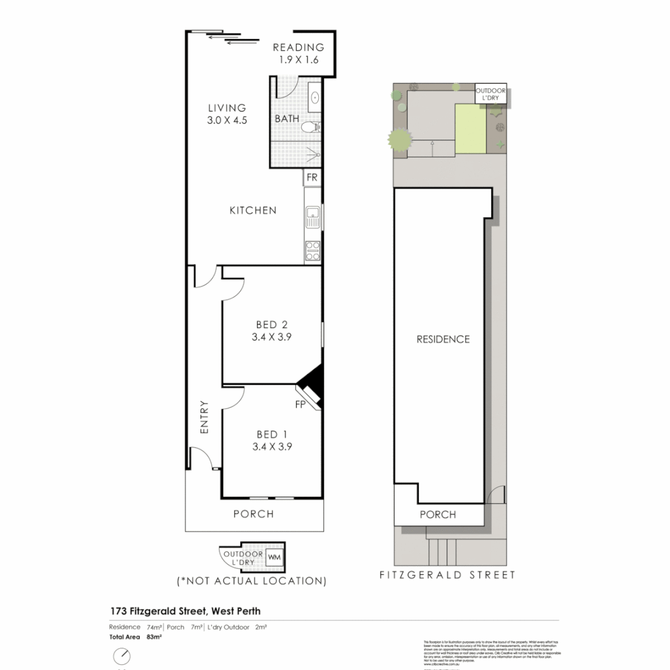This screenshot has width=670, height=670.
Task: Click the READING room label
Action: pyautogui.click(x=298, y=47)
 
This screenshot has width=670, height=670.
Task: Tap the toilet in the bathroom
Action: pyautogui.click(x=311, y=128)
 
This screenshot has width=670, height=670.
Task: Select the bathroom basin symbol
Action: pyautogui.click(x=315, y=97)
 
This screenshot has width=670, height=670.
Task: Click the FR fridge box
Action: pyautogui.click(x=311, y=178)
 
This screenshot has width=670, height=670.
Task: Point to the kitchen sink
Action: pyautogui.click(x=312, y=217)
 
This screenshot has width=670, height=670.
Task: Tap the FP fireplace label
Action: pyautogui.click(x=300, y=404)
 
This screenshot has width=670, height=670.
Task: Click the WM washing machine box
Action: pyautogui.click(x=274, y=558)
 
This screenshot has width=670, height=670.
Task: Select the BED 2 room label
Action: pyautogui.click(x=272, y=324)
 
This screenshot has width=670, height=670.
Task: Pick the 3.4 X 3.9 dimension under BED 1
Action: pyautogui.click(x=272, y=446)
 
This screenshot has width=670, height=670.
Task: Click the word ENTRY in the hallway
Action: pyautogui.click(x=204, y=417)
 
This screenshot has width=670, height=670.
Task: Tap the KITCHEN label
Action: pyautogui.click(x=253, y=210)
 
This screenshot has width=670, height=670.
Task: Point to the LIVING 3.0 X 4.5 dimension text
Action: pyautogui.click(x=228, y=121)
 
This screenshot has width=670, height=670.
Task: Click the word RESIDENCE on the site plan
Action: pyautogui.click(x=443, y=339)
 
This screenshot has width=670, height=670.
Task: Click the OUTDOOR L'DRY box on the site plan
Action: pyautogui.click(x=491, y=94)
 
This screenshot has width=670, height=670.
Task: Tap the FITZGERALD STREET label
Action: pyautogui.click(x=447, y=575)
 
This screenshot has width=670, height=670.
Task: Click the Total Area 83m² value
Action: pyautogui.click(x=154, y=637)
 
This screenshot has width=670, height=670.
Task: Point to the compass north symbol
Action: pyautogui.click(x=122, y=656)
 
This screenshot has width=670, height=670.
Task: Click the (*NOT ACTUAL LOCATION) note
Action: pyautogui.click(x=252, y=581)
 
